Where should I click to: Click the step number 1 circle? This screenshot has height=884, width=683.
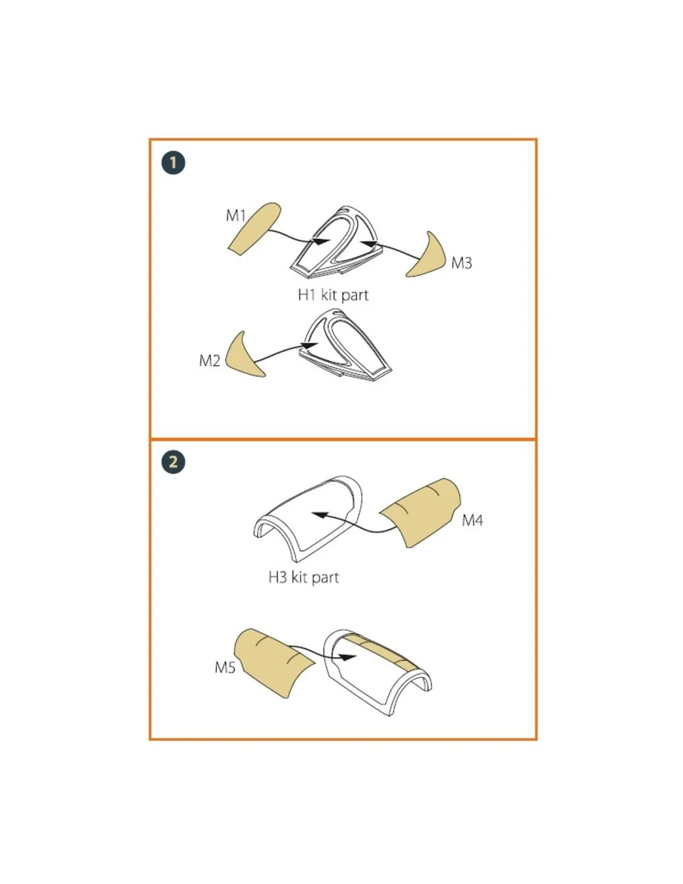click(173, 163)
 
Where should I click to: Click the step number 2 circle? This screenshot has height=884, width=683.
click(173, 462)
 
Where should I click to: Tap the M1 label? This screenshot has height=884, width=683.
click(236, 216)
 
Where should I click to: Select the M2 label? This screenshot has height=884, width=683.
click(209, 361)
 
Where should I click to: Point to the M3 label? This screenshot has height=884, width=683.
click(461, 263)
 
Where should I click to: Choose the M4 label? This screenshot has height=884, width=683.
click(473, 520)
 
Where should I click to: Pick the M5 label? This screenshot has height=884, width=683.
click(225, 668)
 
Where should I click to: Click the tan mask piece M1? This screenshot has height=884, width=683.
click(255, 229)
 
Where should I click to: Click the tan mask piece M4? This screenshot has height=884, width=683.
click(423, 513)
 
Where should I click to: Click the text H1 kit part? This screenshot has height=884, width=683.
click(333, 295)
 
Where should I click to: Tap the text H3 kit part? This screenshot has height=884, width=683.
click(304, 578)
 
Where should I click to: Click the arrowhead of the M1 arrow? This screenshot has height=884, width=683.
click(322, 242)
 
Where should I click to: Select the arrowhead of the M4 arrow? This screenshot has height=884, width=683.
click(319, 515)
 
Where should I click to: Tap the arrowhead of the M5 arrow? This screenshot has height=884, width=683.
click(348, 658)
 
